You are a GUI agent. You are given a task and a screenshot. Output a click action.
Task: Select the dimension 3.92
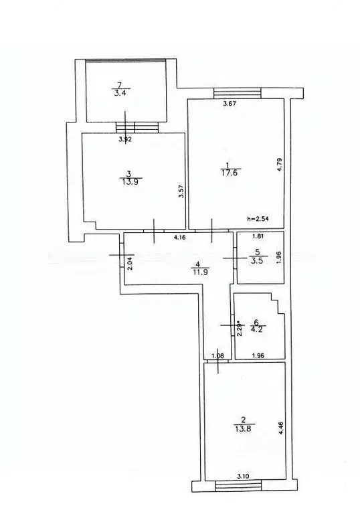125,139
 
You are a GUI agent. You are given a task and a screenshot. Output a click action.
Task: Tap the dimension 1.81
258,236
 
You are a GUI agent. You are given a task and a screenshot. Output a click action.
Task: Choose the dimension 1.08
218,355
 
